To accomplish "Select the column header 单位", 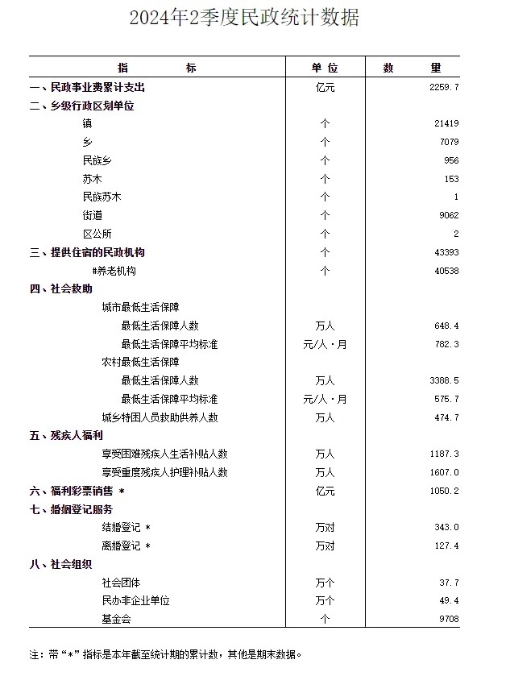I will click(325, 68).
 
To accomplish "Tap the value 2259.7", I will click(445, 87).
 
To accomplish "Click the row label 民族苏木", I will click(103, 197).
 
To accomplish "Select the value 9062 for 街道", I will click(447, 216).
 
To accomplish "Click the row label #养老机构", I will click(114, 272).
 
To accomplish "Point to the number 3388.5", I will click(445, 381).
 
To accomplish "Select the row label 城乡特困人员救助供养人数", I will click(160, 418).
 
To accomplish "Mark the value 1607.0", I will click(445, 473).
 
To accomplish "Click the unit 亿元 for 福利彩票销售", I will click(325, 492).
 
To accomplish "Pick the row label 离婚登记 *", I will click(126, 546).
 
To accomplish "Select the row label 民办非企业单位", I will click(135, 601).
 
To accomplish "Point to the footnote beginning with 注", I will click(165, 654).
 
